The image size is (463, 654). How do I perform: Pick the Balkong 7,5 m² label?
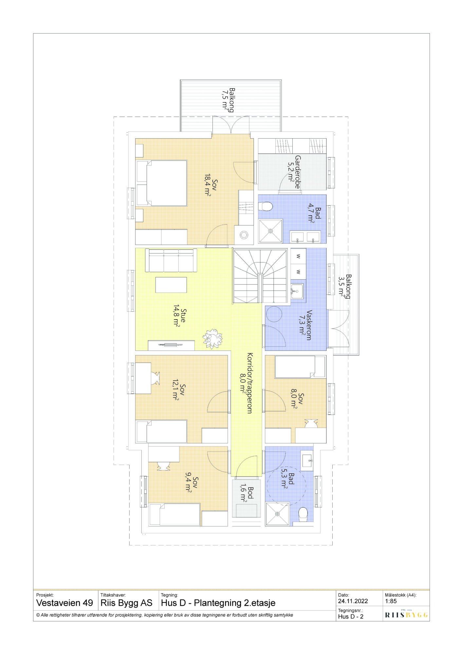click(x=228, y=100)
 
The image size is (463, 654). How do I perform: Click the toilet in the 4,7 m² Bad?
click(x=266, y=207)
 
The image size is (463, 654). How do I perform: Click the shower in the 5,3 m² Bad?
click(x=277, y=514)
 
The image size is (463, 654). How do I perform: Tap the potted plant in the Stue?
click(x=212, y=338)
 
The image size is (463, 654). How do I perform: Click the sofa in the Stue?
click(x=171, y=260)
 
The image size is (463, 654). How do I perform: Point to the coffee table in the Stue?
click(x=171, y=285)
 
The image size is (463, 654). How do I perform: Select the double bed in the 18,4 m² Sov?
click(x=161, y=183)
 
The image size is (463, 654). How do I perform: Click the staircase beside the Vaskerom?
click(x=260, y=276)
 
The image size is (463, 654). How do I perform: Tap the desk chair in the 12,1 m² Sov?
click(x=155, y=378)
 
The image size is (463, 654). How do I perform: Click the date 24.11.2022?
click(x=353, y=601)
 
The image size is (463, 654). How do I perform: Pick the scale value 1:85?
click(x=391, y=601)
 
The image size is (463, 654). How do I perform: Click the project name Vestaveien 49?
click(x=65, y=603)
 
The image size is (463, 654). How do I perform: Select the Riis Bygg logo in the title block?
click(x=406, y=615)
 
